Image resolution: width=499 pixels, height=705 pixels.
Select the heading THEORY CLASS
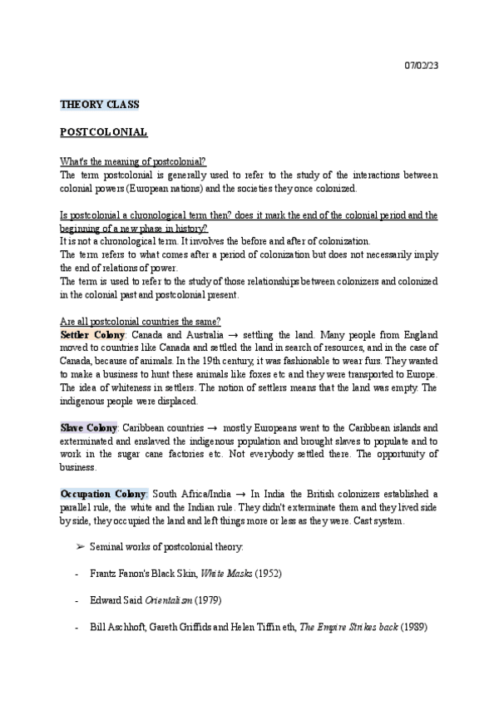point(100,105)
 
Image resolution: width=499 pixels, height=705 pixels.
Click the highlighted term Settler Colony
point(91,333)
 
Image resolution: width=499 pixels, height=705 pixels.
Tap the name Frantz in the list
point(105,574)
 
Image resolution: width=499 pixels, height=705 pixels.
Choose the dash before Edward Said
point(77,600)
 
